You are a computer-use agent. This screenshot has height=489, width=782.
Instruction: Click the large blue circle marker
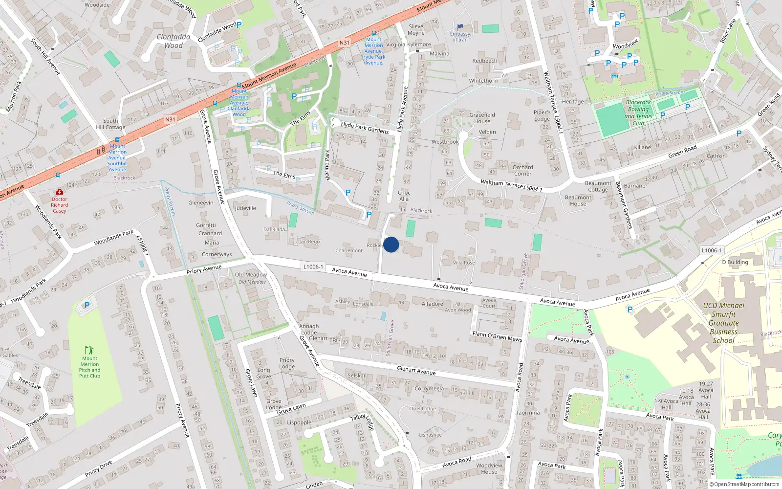391,244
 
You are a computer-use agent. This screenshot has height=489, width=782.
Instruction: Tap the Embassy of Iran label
460,37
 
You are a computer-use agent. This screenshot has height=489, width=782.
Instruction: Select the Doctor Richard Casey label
59,205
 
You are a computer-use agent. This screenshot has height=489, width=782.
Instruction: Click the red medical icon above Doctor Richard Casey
60,192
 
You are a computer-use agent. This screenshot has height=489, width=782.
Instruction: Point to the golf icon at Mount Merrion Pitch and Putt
89,350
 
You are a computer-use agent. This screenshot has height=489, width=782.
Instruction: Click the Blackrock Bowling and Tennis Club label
638,113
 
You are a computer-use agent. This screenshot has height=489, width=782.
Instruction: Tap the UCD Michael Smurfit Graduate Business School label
724,323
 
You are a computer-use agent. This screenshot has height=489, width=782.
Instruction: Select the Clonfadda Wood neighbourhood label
174,41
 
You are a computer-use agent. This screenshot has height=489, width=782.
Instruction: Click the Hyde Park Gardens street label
365,128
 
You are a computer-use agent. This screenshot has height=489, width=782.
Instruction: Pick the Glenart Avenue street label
416,371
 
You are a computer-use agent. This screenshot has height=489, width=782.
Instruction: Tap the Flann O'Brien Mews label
497,336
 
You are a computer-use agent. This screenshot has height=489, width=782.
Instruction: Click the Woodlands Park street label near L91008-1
113,238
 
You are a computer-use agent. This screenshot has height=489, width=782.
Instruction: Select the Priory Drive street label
99,468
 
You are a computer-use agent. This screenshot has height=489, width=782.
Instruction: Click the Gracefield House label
482,118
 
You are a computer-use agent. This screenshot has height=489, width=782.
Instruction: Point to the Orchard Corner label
522,170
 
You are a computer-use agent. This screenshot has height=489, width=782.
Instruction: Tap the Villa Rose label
464,263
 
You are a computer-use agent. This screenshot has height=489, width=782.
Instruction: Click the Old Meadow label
251,275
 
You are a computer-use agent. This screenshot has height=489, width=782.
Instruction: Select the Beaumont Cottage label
598,186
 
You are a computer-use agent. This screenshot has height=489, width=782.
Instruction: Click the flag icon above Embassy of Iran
459,27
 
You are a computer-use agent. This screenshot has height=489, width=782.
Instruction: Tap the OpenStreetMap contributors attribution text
744,484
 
